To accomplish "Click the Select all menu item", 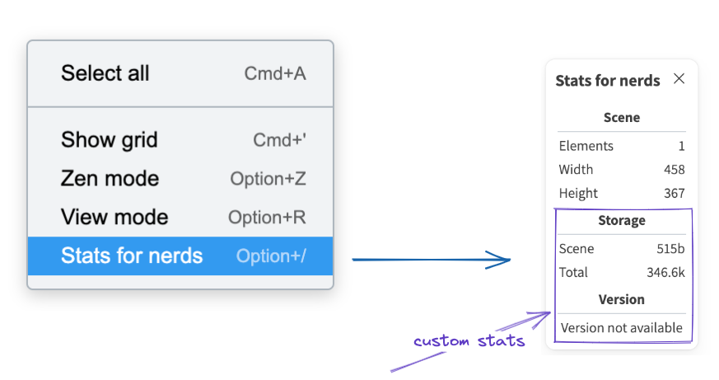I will tap(105, 73).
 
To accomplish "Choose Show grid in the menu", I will tap(109, 139).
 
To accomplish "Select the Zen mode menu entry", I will tap(110, 179).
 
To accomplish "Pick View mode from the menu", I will tap(114, 218).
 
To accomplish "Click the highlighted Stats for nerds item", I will tap(132, 256).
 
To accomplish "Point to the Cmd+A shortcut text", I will tap(275, 73).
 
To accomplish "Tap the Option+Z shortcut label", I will tap(268, 179).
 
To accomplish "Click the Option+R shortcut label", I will tap(267, 218).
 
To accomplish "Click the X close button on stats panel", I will tap(679, 79).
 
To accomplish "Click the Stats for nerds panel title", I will tap(608, 81).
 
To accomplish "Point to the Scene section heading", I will tap(622, 118).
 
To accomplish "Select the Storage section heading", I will tap(622, 221).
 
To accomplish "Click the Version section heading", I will tap(622, 299).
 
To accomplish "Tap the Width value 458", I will tap(674, 170).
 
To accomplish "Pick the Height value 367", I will tap(674, 194).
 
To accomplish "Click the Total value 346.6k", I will tap(665, 273).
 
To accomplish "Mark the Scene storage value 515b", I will tap(670, 249).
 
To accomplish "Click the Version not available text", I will tap(622, 328).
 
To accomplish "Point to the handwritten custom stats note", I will tap(469, 341).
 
